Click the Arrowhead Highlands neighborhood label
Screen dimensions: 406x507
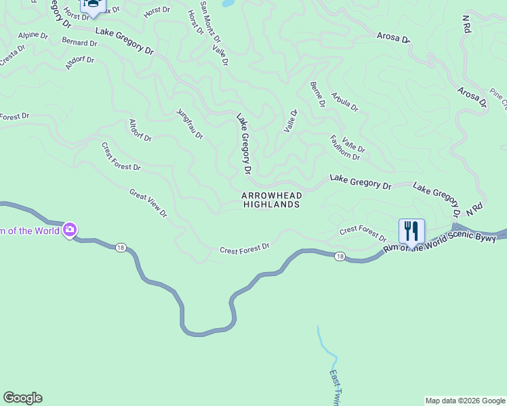coord(270,200)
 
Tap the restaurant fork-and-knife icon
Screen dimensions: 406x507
coord(411,231)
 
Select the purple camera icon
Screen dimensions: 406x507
coord(70,230)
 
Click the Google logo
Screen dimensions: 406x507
coord(22,398)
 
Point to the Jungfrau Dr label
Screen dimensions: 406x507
coord(190,124)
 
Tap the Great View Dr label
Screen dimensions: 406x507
coord(148,203)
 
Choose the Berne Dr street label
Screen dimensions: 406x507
coord(318,94)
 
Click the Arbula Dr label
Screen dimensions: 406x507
coord(344,101)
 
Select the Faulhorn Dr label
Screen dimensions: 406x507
coord(344,148)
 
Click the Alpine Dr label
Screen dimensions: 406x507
coord(33,35)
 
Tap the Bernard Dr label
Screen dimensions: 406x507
coord(79,43)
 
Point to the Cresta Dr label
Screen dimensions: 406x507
coord(12,55)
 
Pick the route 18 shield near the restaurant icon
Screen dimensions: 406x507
coord(340,256)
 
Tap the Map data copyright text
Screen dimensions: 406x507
coord(466,401)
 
